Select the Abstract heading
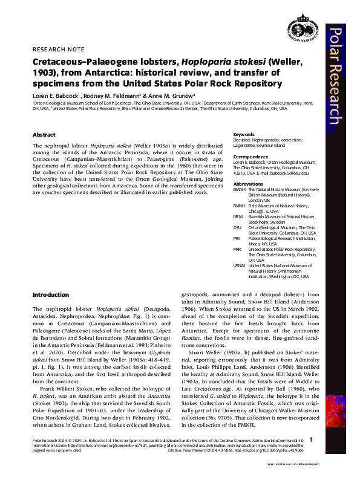coord(44,135)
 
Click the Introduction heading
coord(51,294)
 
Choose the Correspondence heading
coord(251,157)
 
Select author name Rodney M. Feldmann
coord(106,96)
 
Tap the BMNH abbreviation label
coord(240,189)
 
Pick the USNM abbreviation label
coord(240,265)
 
